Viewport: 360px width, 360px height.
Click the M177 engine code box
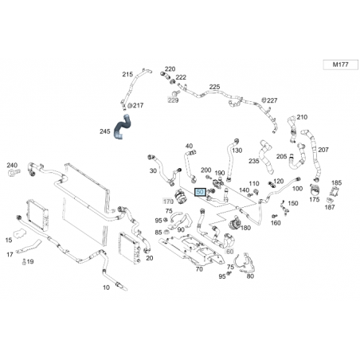[340, 65]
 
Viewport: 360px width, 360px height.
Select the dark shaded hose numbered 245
[121, 127]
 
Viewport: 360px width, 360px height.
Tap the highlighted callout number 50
[201, 192]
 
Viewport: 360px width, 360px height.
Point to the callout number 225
[214, 87]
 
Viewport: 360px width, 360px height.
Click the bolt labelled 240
[14, 174]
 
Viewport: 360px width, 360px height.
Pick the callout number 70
[199, 269]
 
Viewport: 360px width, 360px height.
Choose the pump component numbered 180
[235, 223]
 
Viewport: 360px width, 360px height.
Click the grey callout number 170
[168, 202]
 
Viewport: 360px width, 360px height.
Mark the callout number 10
[106, 288]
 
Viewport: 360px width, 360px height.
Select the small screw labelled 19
[24, 262]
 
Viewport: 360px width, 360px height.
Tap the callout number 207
[323, 150]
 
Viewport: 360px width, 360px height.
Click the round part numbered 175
[315, 190]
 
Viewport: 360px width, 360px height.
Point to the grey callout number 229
[173, 100]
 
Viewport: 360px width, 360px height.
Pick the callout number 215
[127, 74]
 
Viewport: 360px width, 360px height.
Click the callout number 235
[254, 161]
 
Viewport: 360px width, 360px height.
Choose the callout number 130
[237, 151]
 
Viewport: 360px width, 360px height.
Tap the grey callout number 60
[229, 252]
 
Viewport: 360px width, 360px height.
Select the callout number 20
[150, 258]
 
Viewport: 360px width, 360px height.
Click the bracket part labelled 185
[334, 192]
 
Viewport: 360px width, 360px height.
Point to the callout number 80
[250, 276]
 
